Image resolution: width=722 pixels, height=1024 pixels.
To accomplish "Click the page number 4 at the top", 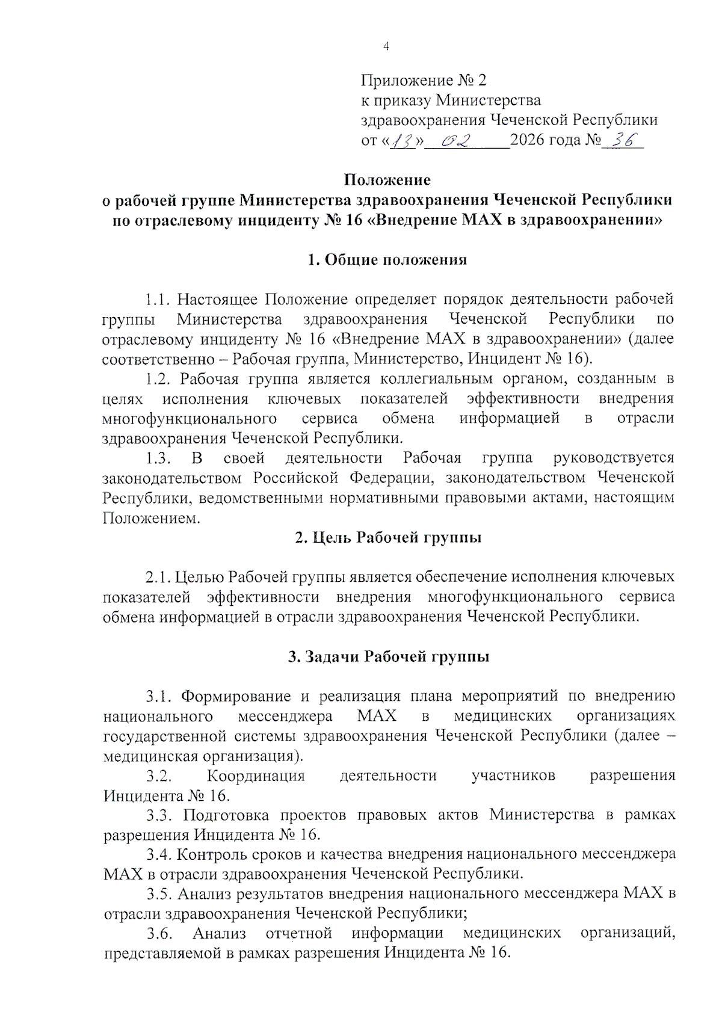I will coord(386,46).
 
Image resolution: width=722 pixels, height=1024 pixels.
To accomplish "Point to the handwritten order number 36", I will coord(623,140).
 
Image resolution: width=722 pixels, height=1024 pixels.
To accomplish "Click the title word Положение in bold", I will coord(387,180).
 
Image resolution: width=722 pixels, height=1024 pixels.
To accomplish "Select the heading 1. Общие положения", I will coord(387,260).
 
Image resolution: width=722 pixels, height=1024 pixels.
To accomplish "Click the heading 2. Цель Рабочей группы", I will coord(388,537).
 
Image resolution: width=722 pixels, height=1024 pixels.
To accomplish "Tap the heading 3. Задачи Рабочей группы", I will coord(388,656).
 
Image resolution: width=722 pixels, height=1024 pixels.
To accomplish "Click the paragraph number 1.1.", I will coord(158,299).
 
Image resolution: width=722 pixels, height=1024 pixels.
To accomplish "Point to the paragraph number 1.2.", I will coord(159,379).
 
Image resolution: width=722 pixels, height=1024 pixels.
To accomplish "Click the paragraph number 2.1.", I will coord(158,577).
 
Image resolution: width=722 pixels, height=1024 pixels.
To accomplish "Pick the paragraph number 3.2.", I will coord(159,776).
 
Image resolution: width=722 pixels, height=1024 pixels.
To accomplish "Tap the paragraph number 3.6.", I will coord(159,934).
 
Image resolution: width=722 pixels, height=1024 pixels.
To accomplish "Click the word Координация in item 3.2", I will coord(256,776).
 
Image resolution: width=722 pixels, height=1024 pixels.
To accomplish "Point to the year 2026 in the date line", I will coord(528,140).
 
